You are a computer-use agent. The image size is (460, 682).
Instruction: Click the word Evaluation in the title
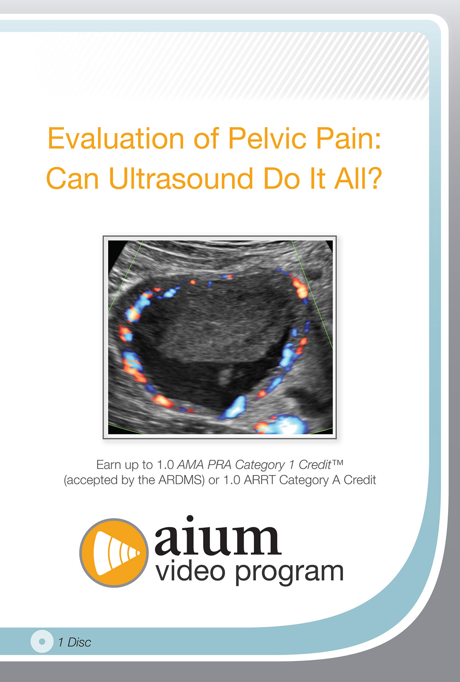click(116, 139)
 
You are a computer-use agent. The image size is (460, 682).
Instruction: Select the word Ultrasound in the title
click(181, 178)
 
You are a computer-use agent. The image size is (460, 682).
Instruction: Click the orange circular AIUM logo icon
click(114, 552)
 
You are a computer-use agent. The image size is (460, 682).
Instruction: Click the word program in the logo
click(290, 573)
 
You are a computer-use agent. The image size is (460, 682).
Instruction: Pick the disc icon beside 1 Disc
click(42, 641)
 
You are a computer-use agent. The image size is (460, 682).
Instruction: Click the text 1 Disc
click(75, 642)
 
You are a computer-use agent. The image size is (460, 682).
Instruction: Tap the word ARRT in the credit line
click(260, 480)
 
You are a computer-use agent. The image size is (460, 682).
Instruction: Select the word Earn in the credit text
click(109, 465)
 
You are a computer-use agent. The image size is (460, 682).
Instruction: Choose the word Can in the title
click(72, 178)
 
